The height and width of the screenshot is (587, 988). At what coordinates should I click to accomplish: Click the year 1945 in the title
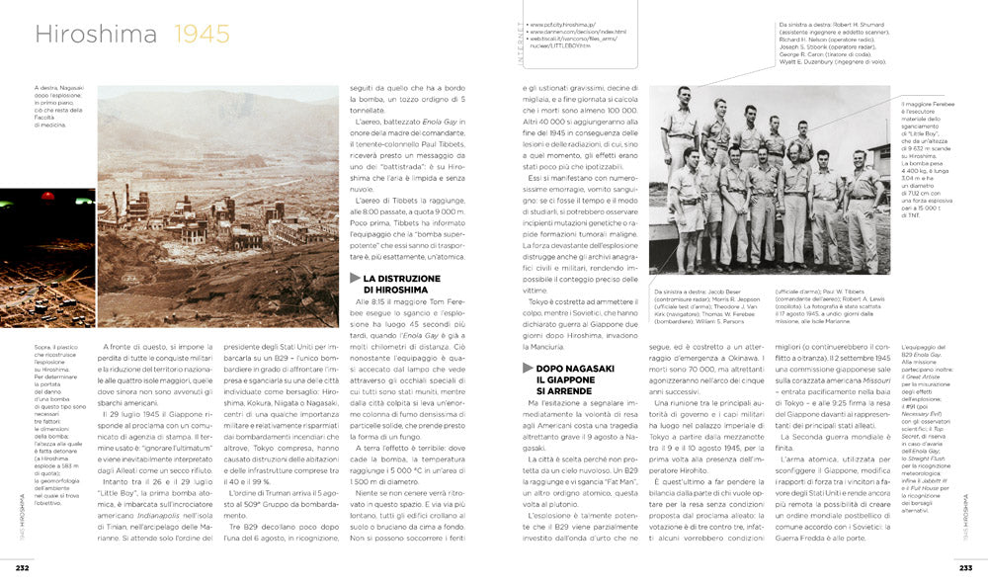[203, 36]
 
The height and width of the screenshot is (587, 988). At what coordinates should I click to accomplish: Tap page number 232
[22, 567]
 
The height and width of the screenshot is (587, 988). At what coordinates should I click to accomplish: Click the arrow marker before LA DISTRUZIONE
[355, 280]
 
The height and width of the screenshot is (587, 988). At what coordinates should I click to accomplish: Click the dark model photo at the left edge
[46, 259]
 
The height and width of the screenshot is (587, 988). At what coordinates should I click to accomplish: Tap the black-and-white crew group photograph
[769, 180]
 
